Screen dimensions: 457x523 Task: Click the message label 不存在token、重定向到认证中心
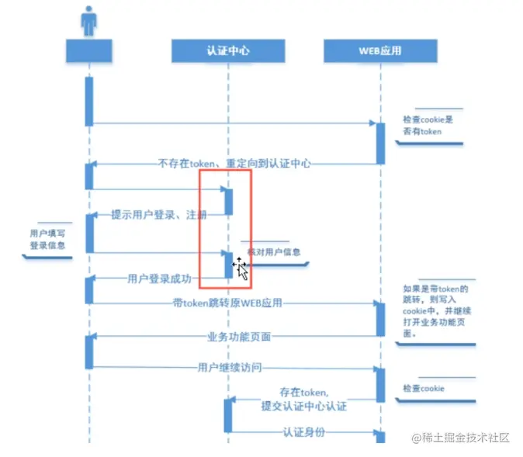click(x=234, y=163)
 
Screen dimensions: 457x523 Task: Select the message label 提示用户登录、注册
click(x=159, y=215)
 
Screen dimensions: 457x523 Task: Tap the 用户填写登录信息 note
click(x=47, y=239)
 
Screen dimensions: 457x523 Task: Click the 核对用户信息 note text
click(x=273, y=251)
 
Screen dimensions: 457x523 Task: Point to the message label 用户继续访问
click(x=235, y=367)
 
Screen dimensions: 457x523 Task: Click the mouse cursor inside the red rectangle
click(x=241, y=268)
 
